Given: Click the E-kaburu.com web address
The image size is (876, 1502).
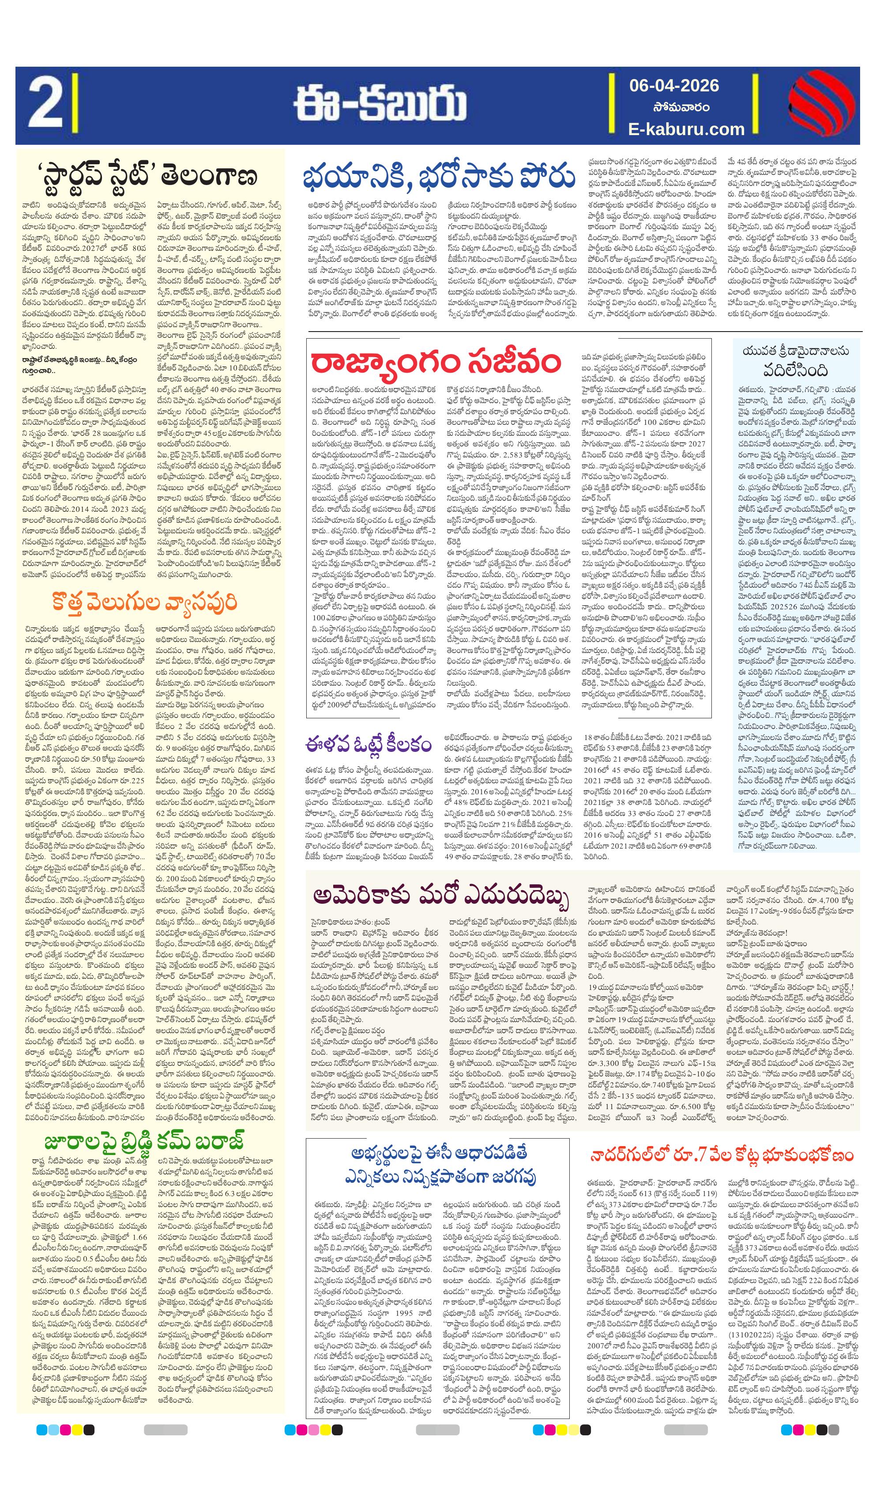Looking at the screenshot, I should (x=687, y=129).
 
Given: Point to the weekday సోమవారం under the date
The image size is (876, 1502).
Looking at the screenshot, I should (x=675, y=108).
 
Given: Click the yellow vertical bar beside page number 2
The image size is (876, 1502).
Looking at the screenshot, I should (x=75, y=106).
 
